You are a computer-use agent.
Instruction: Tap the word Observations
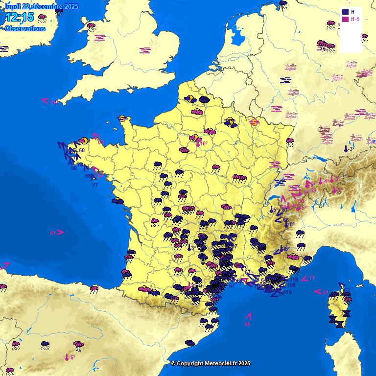[25, 29]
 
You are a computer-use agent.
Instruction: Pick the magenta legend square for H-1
[346, 20]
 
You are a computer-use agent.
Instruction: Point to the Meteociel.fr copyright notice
[211, 363]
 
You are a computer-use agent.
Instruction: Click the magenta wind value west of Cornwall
[53, 103]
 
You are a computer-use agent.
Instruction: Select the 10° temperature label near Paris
[203, 144]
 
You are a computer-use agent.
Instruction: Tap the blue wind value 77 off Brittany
[95, 185]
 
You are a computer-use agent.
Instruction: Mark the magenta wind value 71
[312, 278]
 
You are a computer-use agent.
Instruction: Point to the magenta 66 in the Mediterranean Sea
[247, 324]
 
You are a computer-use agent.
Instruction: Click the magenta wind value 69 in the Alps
[313, 191]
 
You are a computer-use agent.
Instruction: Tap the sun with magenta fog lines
[254, 122]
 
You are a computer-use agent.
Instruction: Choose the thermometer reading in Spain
[70, 357]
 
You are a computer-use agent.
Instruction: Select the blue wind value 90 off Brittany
[73, 168]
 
